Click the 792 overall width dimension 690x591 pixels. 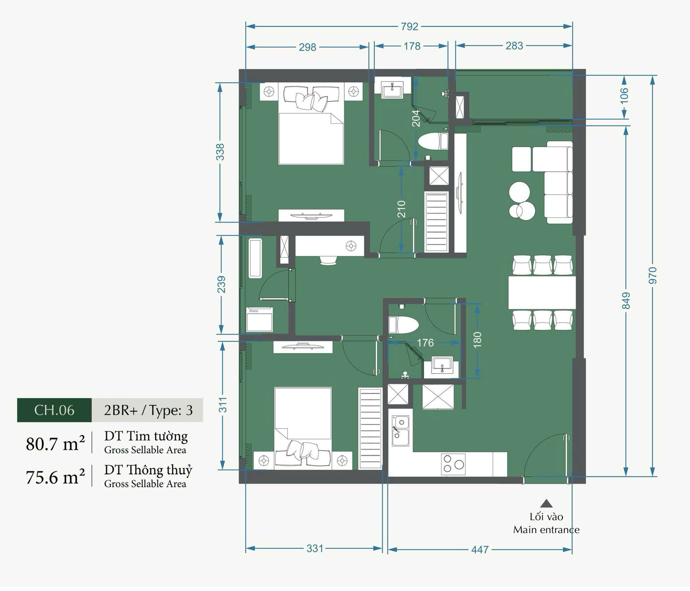click(x=409, y=26)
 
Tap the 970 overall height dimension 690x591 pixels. click(x=653, y=275)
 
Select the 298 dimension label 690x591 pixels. click(x=307, y=47)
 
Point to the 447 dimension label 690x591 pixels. click(x=480, y=550)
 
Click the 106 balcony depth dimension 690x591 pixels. click(x=624, y=96)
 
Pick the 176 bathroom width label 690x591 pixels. click(x=425, y=343)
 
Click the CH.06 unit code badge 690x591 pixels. click(x=54, y=410)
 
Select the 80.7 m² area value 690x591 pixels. click(x=55, y=444)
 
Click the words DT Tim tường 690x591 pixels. click(x=146, y=436)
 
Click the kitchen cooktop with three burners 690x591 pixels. click(x=453, y=465)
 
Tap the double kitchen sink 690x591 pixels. click(x=401, y=432)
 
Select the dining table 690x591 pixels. click(x=542, y=293)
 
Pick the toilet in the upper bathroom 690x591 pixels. click(x=433, y=141)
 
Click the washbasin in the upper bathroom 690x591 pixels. click(x=392, y=90)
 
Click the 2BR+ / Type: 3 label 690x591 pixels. click(x=148, y=410)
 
